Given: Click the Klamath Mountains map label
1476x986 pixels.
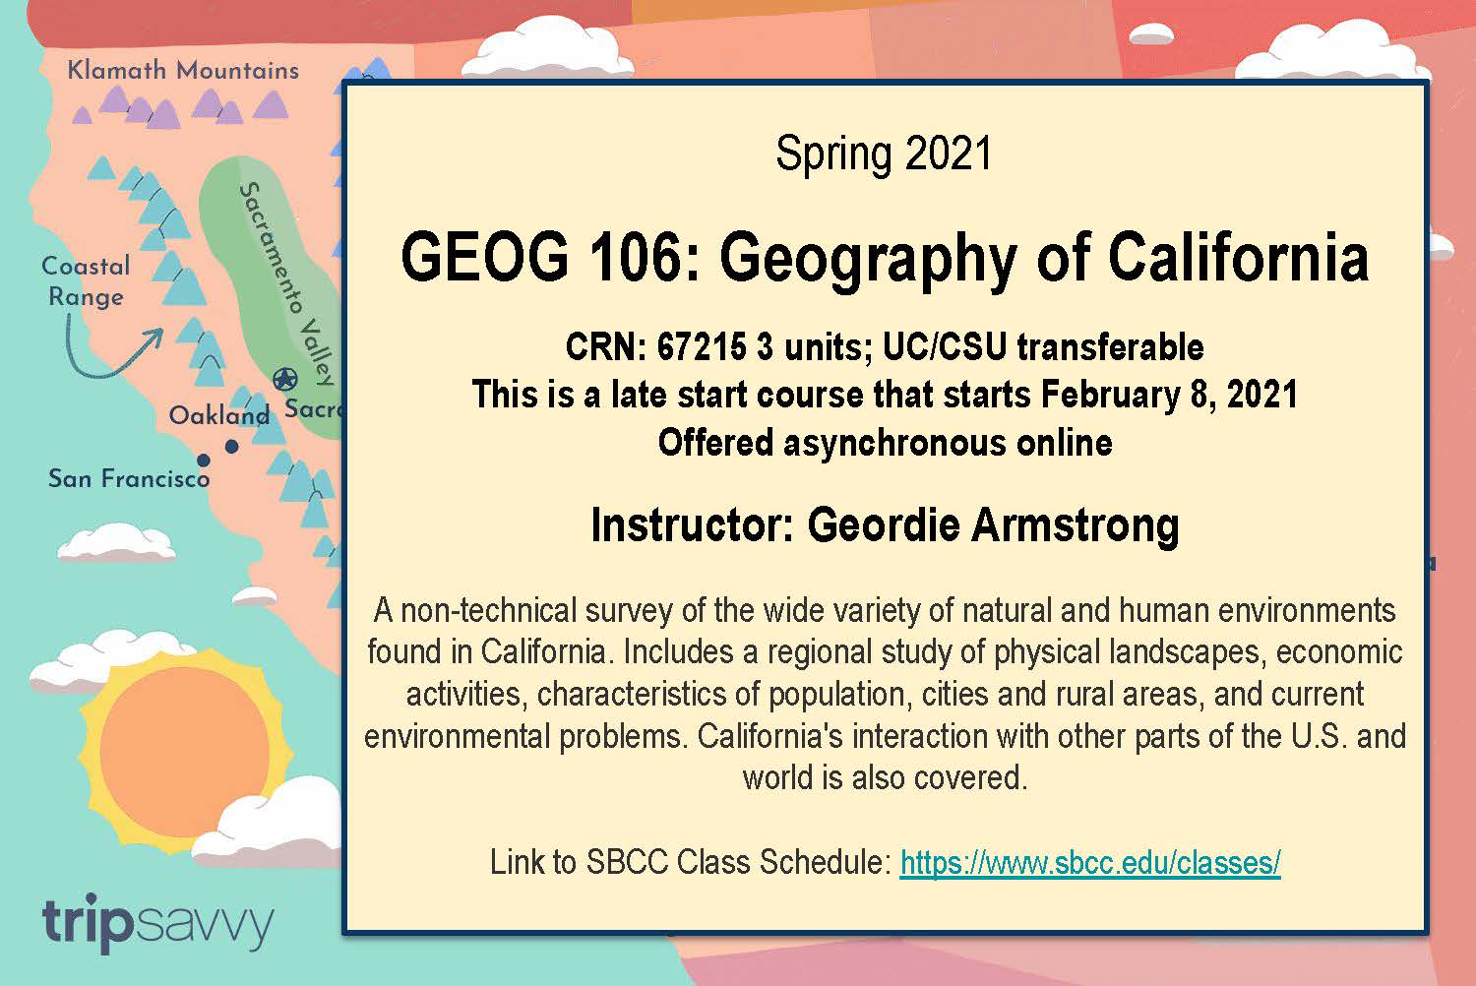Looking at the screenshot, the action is pyautogui.click(x=183, y=71).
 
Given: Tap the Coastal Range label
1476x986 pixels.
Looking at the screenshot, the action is pyautogui.click(x=87, y=281).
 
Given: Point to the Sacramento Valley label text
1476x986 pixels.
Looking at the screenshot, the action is pyautogui.click(x=286, y=283).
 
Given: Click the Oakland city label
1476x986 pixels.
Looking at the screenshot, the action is pyautogui.click(x=219, y=415).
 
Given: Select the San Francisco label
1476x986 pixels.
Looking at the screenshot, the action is pyautogui.click(x=129, y=478).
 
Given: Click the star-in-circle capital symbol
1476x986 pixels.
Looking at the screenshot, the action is pyautogui.click(x=285, y=379).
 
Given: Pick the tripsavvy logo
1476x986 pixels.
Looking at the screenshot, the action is pyautogui.click(x=157, y=923).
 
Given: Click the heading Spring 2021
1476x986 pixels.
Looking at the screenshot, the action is pyautogui.click(x=884, y=154).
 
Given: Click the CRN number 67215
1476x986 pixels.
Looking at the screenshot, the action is pyautogui.click(x=702, y=346).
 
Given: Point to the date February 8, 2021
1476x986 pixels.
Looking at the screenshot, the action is pyautogui.click(x=1169, y=395).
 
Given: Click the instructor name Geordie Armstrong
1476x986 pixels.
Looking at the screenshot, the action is pyautogui.click(x=994, y=525).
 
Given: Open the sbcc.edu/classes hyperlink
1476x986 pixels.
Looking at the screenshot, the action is pyautogui.click(x=1090, y=863).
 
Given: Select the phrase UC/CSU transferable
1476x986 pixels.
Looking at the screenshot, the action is pyautogui.click(x=1043, y=346).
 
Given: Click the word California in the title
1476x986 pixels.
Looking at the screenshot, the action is pyautogui.click(x=1239, y=257).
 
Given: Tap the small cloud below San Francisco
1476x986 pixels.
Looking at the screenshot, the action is pyautogui.click(x=116, y=542).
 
